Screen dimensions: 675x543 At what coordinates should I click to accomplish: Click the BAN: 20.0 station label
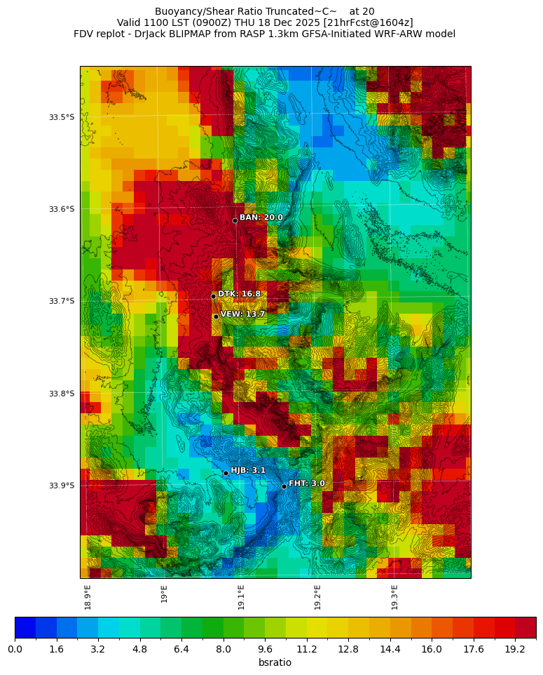261,218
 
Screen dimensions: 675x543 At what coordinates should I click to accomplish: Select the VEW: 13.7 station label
242,315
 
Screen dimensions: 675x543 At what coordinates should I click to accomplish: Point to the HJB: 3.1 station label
248,471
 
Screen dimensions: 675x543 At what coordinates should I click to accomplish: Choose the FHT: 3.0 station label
306,484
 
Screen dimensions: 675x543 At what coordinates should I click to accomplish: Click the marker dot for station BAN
235,220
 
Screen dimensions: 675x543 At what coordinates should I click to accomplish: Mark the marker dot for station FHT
284,486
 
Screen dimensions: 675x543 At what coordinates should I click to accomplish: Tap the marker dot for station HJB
226,473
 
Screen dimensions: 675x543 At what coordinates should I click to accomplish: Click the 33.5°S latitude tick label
62,117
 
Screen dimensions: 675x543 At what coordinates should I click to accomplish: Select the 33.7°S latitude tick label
62,302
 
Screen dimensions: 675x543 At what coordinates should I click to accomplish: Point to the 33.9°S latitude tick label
62,486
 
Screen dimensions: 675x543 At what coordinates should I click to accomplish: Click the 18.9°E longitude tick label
88,597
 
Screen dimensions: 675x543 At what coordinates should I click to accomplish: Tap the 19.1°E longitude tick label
241,597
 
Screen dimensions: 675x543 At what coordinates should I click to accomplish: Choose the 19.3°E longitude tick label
394,597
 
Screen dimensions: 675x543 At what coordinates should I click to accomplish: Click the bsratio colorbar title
275,663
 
